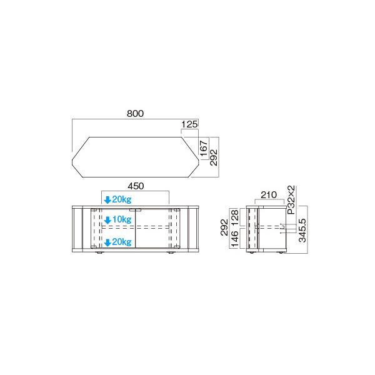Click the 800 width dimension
pyautogui.click(x=136, y=114)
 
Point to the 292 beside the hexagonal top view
pyautogui.click(x=213, y=156)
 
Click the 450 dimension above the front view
pyautogui.click(x=136, y=186)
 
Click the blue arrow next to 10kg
pyautogui.click(x=107, y=220)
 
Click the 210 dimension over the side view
pyautogui.click(x=269, y=195)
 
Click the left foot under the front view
pyautogui.click(x=99, y=254)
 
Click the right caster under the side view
pyautogui.click(x=280, y=254)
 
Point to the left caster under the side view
pyautogui.click(x=251, y=254)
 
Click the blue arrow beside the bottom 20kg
pyautogui.click(x=107, y=242)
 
